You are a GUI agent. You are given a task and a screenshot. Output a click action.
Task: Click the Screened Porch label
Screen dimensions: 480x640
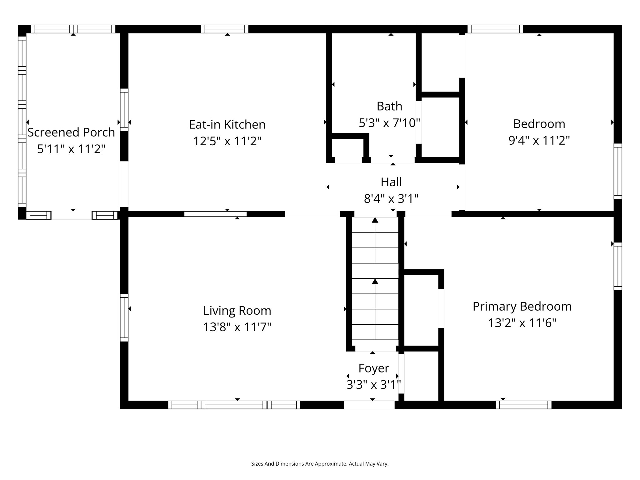click(71, 132)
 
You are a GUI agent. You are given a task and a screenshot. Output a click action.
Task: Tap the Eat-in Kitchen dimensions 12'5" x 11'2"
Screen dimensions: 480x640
click(227, 141)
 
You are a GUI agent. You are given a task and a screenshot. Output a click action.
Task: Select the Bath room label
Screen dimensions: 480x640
click(389, 106)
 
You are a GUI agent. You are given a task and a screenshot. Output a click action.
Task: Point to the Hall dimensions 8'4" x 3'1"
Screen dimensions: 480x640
click(391, 199)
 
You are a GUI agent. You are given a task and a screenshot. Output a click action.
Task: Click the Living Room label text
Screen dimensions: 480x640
click(237, 311)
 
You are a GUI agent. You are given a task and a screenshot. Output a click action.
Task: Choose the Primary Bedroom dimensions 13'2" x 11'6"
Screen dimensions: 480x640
click(522, 323)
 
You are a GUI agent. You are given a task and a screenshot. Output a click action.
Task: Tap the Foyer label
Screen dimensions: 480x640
click(373, 368)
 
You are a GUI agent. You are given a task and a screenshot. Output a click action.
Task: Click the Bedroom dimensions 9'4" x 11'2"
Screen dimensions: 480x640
click(539, 141)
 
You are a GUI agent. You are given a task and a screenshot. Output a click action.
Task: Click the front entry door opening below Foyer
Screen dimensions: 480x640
click(369, 405)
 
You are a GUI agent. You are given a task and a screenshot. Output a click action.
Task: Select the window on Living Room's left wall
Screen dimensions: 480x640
click(124, 317)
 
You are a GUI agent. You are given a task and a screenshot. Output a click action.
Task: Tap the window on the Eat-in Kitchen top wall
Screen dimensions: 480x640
click(225, 29)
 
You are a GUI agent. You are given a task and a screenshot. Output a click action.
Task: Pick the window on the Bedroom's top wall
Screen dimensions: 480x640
click(495, 29)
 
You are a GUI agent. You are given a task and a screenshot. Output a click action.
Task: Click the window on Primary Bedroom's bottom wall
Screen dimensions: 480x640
click(523, 405)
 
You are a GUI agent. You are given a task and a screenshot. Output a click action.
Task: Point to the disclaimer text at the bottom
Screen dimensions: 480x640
click(320, 464)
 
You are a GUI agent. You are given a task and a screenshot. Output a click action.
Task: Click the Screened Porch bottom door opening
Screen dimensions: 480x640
click(72, 215)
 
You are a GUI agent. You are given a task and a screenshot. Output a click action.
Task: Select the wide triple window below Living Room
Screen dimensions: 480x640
click(234, 405)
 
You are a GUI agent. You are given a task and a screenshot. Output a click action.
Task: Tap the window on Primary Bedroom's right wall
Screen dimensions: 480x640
click(617, 266)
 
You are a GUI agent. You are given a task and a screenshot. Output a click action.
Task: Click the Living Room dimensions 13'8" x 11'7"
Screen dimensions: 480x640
click(237, 327)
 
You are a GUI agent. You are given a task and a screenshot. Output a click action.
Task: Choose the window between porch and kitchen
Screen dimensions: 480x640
click(124, 110)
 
